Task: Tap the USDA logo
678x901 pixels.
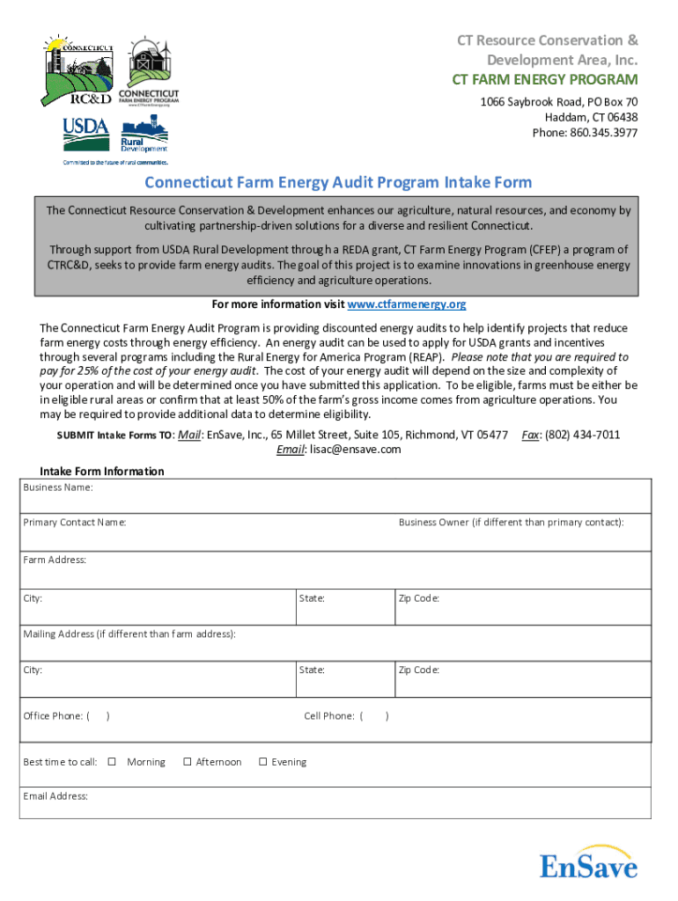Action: point(85,135)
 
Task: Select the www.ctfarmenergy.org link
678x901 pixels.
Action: point(407,304)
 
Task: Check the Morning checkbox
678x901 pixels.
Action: point(112,762)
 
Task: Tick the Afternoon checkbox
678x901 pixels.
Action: point(188,762)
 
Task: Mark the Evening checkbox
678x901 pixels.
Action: point(262,762)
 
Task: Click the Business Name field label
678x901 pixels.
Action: point(57,487)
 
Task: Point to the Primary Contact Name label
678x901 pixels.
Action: point(74,523)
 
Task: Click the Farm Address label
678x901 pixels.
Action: point(55,560)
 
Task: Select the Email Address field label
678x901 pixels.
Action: point(55,796)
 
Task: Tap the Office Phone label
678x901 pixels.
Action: point(56,716)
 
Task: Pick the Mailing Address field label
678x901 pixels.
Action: point(129,634)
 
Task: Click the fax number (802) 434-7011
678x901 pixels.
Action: point(583,435)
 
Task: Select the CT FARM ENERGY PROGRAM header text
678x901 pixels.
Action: point(545,81)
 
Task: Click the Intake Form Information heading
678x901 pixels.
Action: point(102,472)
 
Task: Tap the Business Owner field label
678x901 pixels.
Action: point(511,523)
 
